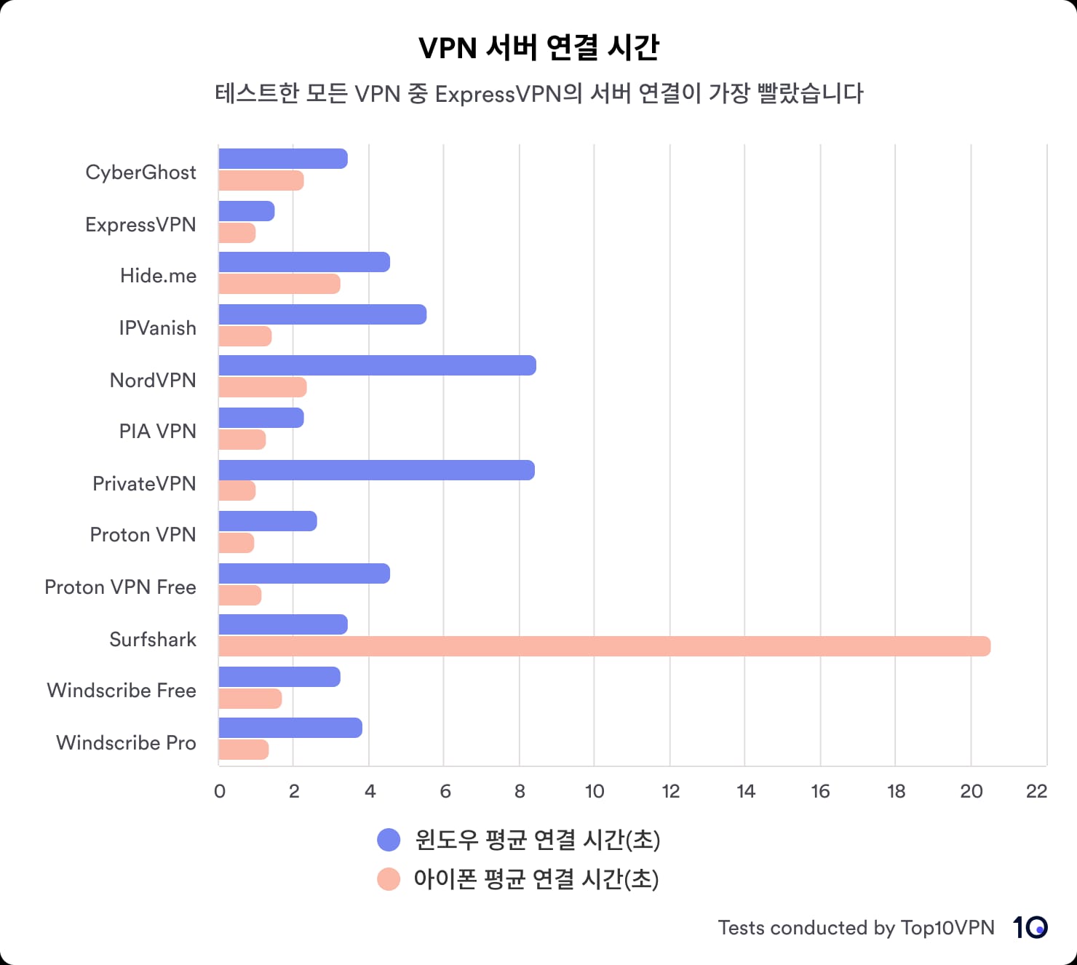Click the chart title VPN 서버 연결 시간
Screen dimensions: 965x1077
(x=538, y=48)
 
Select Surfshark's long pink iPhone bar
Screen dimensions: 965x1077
(x=604, y=646)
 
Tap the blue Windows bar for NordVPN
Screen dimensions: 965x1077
(x=377, y=365)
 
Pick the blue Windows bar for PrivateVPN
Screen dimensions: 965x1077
(x=376, y=470)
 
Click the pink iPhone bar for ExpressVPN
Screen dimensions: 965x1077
(x=237, y=233)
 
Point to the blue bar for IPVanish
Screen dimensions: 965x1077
(x=322, y=314)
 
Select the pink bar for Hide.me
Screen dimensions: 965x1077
(x=279, y=284)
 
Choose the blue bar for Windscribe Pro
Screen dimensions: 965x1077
(x=290, y=728)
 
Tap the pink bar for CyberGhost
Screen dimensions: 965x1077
(x=261, y=180)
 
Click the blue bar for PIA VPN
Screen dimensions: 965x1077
(x=261, y=418)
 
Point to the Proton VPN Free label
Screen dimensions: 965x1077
(x=120, y=587)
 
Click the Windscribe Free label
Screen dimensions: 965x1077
(x=122, y=691)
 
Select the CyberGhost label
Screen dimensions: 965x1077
(x=140, y=172)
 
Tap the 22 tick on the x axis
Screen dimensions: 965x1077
(x=1036, y=792)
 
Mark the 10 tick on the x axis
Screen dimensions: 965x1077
(x=595, y=792)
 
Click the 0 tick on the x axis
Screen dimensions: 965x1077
(x=220, y=792)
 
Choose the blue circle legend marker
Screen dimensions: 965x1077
(x=389, y=840)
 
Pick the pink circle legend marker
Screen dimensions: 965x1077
(x=389, y=879)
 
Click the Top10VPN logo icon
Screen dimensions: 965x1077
(x=1030, y=927)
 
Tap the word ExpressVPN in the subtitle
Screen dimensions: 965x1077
(x=498, y=94)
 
